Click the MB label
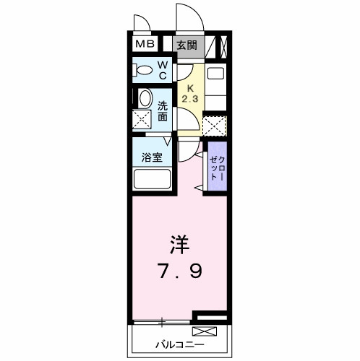tap(145, 45)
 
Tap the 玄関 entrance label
tap(187, 45)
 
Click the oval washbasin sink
tap(145, 99)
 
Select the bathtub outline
tap(150, 180)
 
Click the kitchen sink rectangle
tap(215, 73)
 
